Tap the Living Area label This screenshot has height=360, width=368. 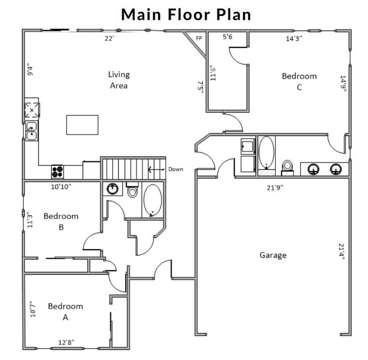coord(119,80)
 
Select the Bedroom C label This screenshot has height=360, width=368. coord(299,82)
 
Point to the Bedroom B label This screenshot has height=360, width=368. coord(61,222)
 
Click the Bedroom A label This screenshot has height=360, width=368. coord(65,312)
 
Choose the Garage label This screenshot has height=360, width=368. coord(273,255)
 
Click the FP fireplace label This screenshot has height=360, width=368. coord(199,38)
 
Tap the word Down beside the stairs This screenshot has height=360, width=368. coord(175,169)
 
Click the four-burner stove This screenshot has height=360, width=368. coord(58,171)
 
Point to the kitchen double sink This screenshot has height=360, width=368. coord(31,131)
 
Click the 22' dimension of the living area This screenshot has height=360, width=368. coord(109,38)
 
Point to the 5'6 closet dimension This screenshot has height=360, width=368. coord(228,37)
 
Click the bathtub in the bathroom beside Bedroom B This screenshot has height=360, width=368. coord(152,200)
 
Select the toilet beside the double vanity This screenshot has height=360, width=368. coord(288,165)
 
